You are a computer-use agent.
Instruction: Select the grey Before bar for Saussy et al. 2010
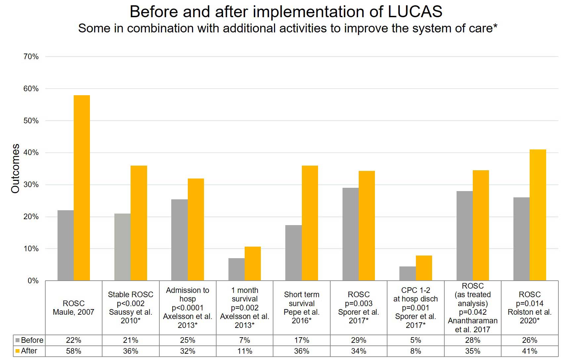[x=122, y=247]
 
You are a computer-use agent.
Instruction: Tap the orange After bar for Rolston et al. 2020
[x=538, y=215]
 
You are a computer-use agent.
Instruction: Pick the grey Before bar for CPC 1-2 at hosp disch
[x=407, y=273]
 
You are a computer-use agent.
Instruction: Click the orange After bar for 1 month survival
[x=253, y=263]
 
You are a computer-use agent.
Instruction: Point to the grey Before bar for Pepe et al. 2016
[x=293, y=253]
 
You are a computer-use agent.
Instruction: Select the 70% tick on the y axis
[x=31, y=57]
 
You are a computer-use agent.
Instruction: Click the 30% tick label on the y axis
[x=31, y=184]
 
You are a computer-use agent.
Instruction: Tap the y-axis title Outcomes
[x=15, y=169]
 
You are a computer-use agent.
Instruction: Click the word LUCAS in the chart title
[x=415, y=12]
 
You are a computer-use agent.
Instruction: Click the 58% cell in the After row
[x=73, y=351]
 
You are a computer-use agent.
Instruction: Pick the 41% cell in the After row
[x=530, y=351]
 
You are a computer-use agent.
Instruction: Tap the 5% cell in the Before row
[x=416, y=340]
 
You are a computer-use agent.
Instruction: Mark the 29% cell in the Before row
[x=358, y=340]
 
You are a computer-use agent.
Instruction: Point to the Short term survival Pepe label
[x=302, y=307]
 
